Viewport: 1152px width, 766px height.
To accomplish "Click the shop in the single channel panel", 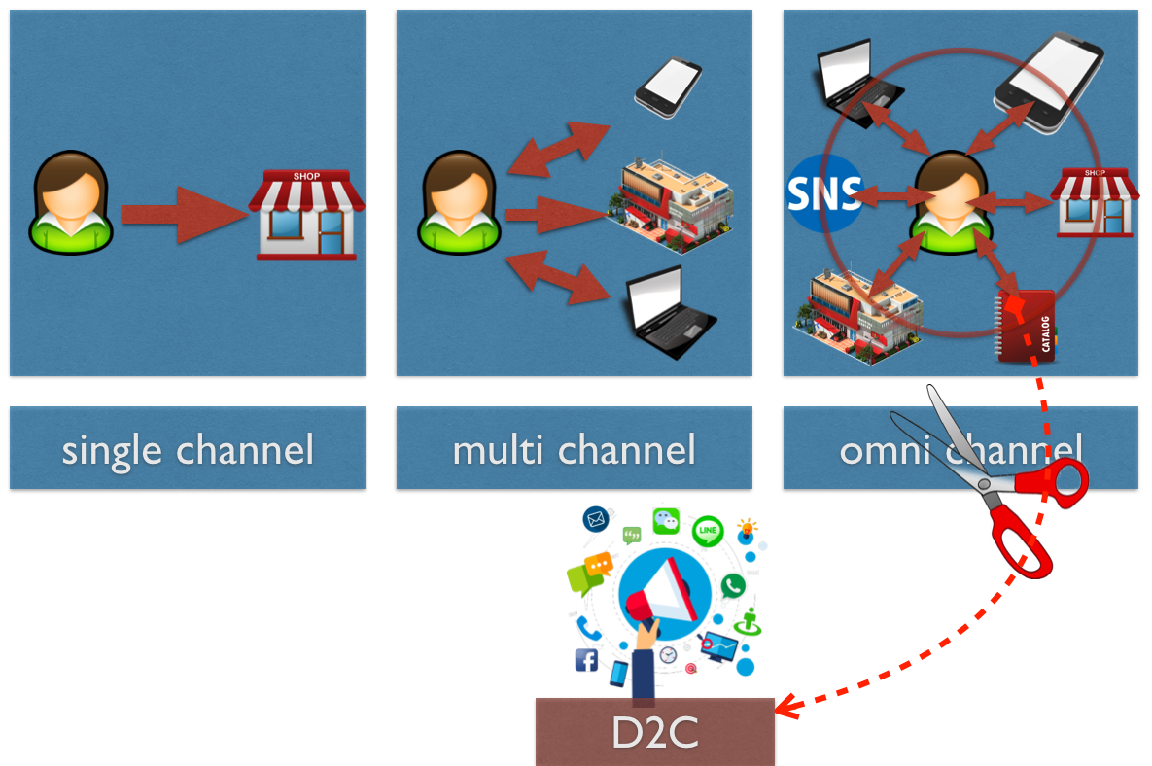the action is point(306,215).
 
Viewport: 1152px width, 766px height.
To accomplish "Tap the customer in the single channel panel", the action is point(71,202).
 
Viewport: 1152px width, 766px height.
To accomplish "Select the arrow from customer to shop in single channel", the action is point(185,215).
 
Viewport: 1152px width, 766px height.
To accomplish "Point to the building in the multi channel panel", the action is point(671,203).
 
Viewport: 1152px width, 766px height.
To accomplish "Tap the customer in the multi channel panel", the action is point(459,202).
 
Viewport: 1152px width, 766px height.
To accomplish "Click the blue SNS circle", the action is point(823,193).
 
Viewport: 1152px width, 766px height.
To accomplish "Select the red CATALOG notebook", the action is point(1026,326).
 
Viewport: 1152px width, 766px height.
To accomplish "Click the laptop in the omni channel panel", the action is point(859,83).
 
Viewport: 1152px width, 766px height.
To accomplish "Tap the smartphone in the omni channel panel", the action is point(1048,83).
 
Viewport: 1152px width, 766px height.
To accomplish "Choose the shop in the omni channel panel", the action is point(1095,203).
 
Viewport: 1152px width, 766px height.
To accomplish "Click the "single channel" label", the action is point(188,449).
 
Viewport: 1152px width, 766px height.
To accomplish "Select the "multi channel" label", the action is point(574,449).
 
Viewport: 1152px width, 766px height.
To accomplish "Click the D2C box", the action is point(654,731).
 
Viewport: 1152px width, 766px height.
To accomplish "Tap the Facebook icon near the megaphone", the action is point(586,660).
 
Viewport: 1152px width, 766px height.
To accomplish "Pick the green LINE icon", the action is point(708,530).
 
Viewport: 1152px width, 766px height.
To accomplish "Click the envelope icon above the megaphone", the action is point(596,519).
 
